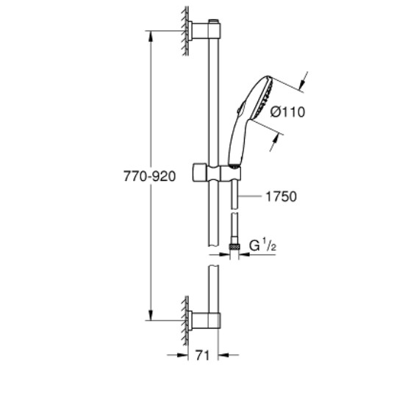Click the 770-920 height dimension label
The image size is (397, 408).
click(149, 176)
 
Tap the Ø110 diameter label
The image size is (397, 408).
click(287, 112)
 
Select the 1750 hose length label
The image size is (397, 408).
click(281, 196)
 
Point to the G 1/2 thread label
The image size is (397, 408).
click(262, 246)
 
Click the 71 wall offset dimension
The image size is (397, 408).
click(202, 355)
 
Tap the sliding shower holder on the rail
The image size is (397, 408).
click(217, 173)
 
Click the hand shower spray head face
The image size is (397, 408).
click(263, 99)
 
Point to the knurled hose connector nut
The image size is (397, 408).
click(234, 247)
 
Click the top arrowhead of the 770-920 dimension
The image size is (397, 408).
click(151, 37)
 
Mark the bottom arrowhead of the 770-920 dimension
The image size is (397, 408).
click(151, 315)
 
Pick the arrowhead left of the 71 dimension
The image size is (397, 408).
click(182, 355)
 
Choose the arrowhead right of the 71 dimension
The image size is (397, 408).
click(223, 354)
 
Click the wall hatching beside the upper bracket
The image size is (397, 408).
click(185, 31)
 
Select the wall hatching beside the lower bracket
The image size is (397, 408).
click(185, 321)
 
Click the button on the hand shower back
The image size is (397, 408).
click(240, 107)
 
